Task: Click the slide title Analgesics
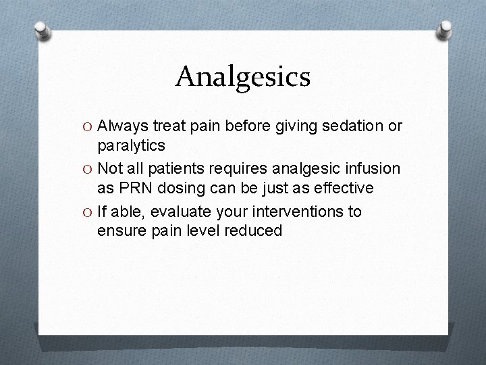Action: point(242,76)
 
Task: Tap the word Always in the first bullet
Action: point(123,126)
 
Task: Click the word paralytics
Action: point(131,145)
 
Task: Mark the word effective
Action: point(343,187)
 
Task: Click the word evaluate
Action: point(183,212)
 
